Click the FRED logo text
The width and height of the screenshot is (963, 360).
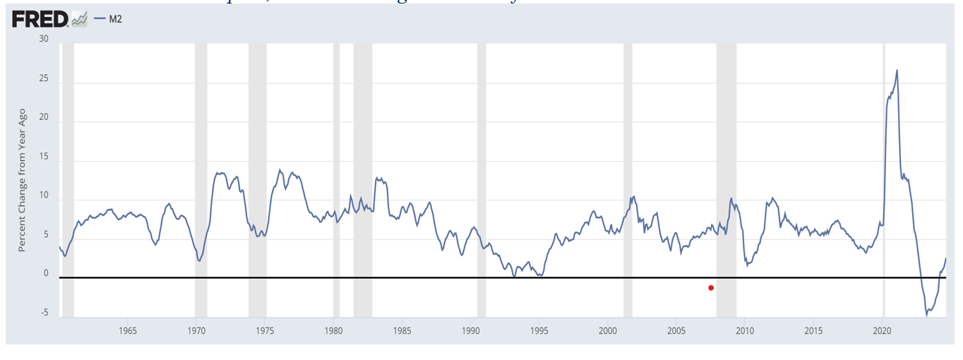point(40,19)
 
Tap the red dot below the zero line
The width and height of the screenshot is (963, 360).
point(711,287)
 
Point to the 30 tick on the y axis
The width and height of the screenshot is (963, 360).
point(44,39)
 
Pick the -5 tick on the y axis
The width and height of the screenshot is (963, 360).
point(44,313)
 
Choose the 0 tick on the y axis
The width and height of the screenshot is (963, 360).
point(46,273)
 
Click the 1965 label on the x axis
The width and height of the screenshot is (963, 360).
point(128,330)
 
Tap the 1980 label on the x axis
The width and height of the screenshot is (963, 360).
point(333,330)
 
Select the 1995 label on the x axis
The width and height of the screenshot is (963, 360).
point(539,330)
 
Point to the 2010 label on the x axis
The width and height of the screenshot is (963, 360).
point(746,330)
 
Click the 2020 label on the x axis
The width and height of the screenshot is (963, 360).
point(883,330)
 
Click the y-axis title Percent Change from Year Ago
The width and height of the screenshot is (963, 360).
point(22,180)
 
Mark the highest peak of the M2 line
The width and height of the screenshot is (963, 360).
point(897,70)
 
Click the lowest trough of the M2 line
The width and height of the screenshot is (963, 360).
point(927,315)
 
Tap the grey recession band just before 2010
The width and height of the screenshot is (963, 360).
point(726,176)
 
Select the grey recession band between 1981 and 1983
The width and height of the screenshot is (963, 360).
point(363,176)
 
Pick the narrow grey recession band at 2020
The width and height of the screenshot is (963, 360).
point(883,176)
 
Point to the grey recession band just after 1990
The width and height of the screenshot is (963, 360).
point(481,176)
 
